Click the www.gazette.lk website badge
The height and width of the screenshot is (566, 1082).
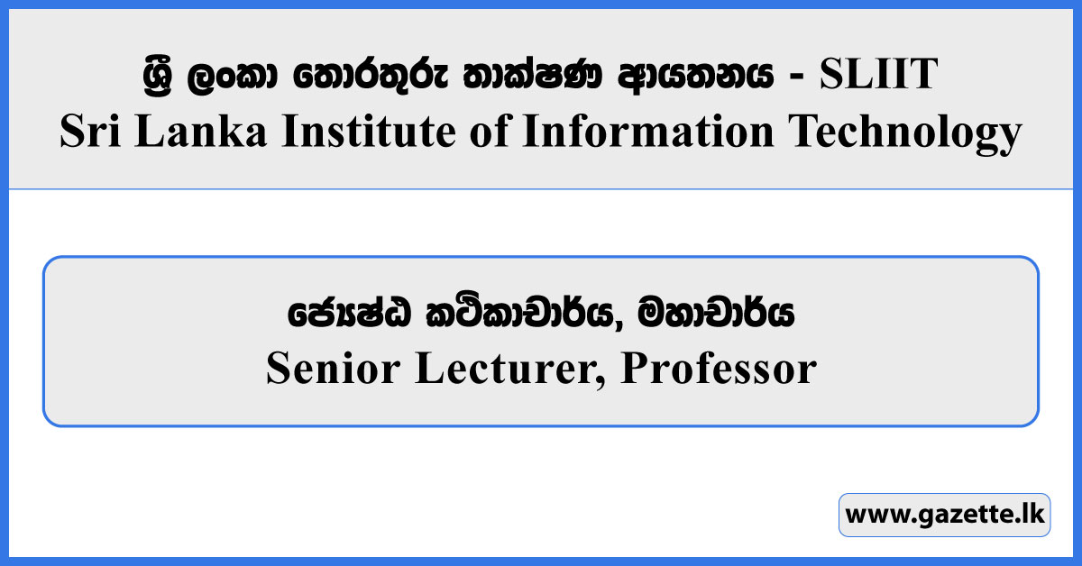(x=944, y=516)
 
